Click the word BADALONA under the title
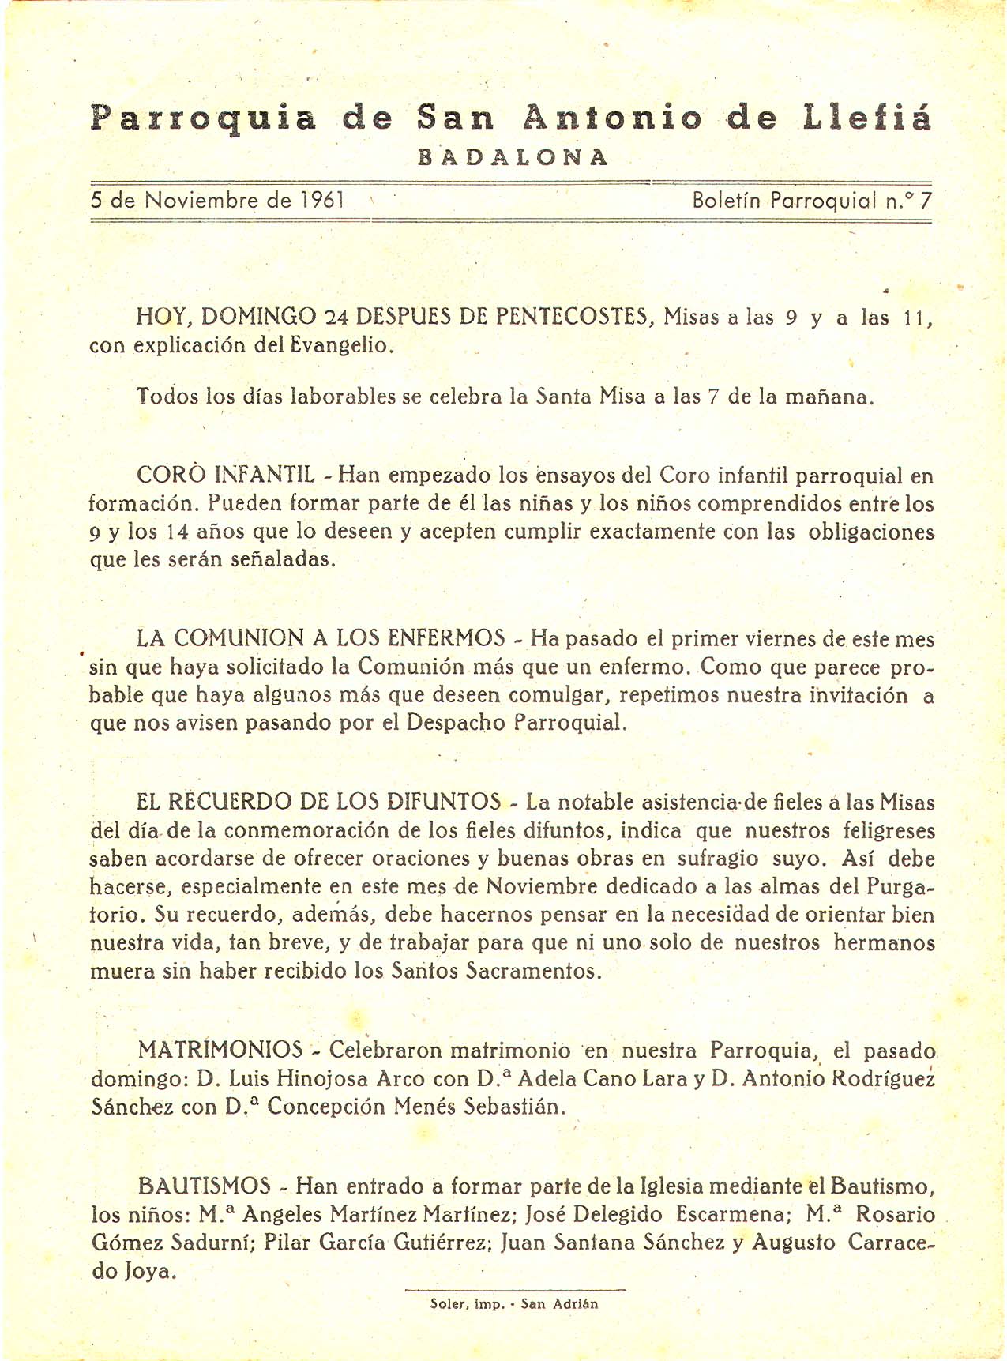[513, 156]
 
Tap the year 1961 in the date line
[322, 200]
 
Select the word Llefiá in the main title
[867, 118]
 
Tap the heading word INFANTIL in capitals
[265, 476]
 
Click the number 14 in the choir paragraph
[178, 532]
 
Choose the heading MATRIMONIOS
[220, 1050]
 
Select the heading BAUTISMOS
[205, 1186]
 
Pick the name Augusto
[794, 1243]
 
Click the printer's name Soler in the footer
[445, 1304]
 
